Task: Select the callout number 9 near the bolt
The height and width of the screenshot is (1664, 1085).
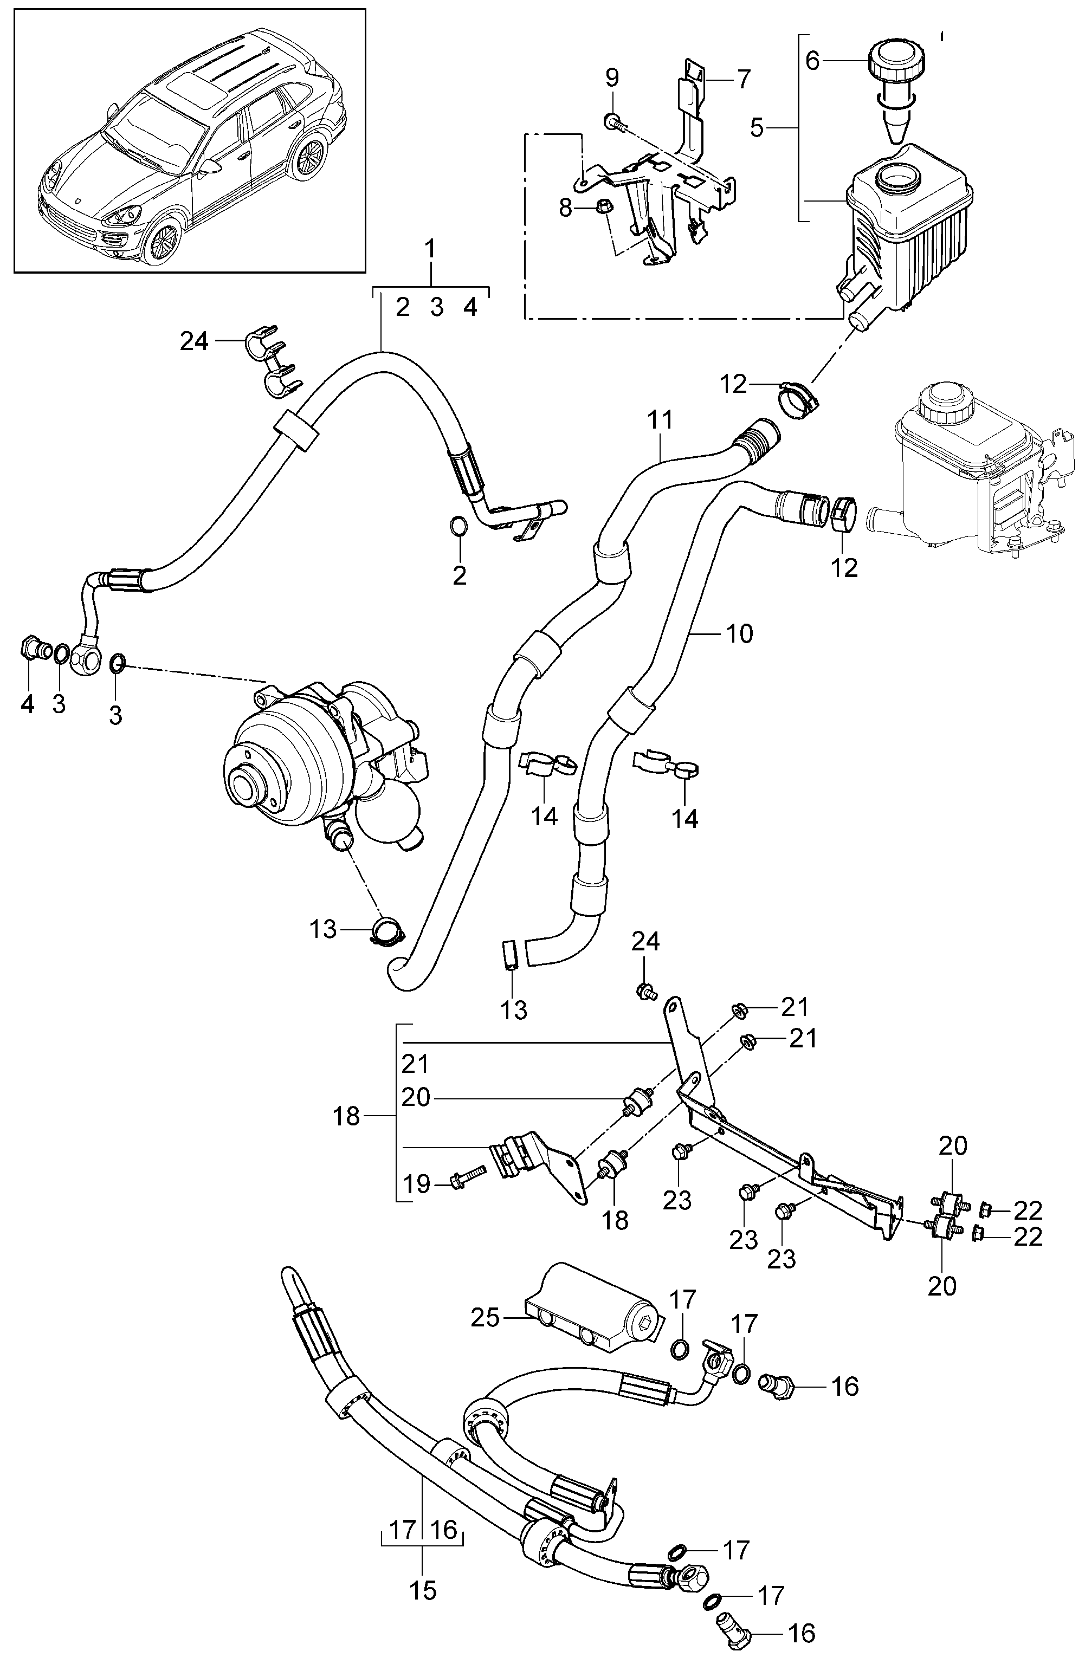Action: [x=612, y=77]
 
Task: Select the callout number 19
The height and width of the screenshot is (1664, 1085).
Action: [x=417, y=1184]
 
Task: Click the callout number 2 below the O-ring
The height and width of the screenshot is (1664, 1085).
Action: [x=459, y=575]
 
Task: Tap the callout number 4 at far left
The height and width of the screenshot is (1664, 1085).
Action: [x=27, y=704]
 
